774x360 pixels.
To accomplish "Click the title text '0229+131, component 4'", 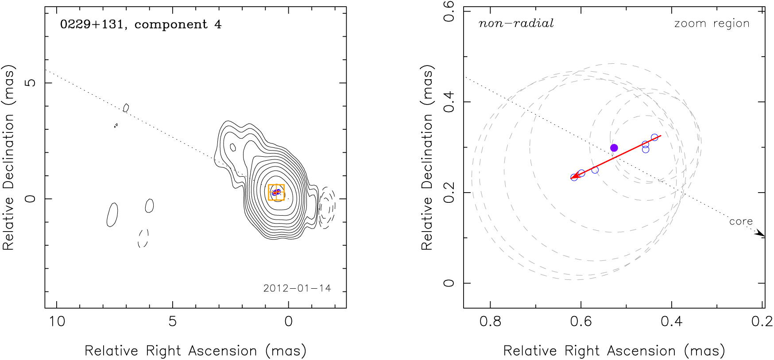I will [x=140, y=24].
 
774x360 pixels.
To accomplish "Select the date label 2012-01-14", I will [x=297, y=289].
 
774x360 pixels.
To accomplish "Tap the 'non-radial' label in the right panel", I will [x=516, y=23].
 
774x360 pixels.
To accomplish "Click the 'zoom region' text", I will [x=712, y=23].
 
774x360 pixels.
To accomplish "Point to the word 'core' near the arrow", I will [x=741, y=221].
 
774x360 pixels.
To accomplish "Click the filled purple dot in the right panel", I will [x=614, y=148].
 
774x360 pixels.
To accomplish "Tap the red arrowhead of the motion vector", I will [x=575, y=176].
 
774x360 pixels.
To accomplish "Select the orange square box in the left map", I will [x=276, y=193].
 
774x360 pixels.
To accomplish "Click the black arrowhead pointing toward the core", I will [x=760, y=233].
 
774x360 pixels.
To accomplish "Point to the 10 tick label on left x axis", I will [x=57, y=321].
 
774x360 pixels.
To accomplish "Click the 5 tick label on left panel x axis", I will [x=173, y=321].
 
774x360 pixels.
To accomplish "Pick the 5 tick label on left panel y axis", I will [x=30, y=83].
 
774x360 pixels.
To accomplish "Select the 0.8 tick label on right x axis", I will [x=490, y=321].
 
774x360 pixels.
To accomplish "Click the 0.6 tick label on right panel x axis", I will [x=581, y=321].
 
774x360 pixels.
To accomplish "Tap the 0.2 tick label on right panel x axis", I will [x=762, y=321].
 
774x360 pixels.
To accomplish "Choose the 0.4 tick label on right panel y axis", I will [x=449, y=102].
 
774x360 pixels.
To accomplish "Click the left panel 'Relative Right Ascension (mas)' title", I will [x=195, y=351].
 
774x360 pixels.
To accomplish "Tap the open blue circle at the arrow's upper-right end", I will [x=654, y=138].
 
